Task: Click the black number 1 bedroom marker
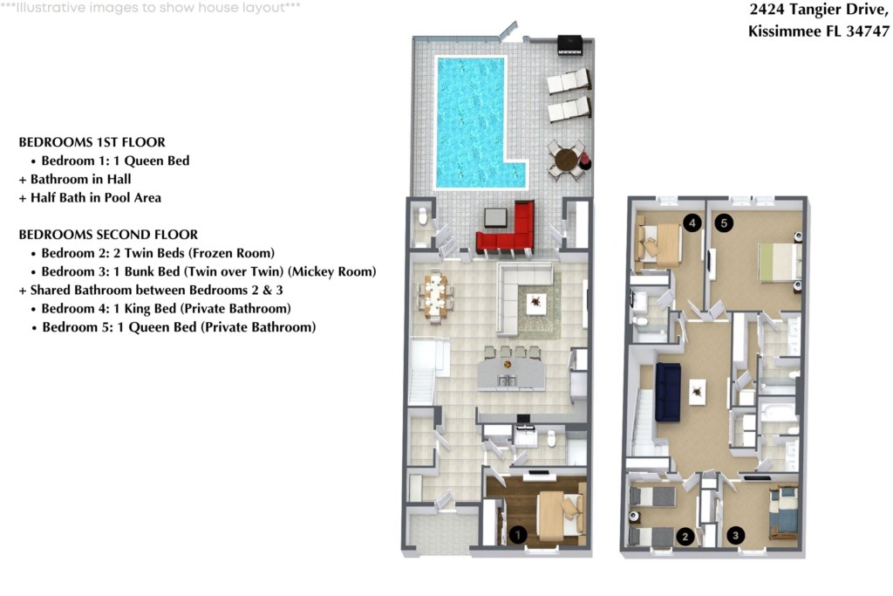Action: coord(517,534)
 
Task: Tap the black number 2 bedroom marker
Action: coord(685,536)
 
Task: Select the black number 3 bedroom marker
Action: coord(735,536)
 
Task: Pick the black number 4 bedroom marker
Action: coord(692,223)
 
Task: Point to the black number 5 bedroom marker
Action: coord(724,223)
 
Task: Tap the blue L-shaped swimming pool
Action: coord(472,120)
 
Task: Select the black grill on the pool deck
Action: coord(569,45)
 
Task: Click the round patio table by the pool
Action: coord(566,160)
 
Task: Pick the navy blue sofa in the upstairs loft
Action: coord(668,392)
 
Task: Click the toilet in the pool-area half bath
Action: coord(423,216)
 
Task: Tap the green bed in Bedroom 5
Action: coord(780,262)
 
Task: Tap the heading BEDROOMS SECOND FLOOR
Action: coord(108,234)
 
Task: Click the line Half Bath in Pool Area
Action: coord(90,198)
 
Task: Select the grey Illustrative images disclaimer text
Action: coord(150,7)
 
